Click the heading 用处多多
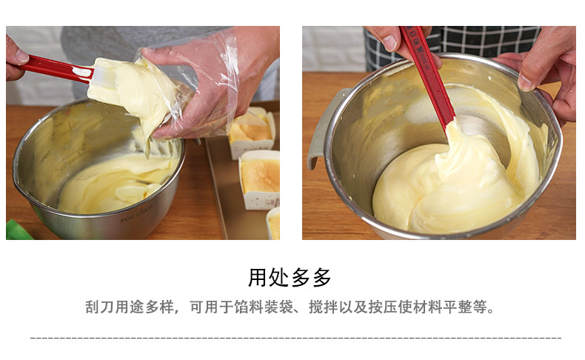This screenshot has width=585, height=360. pyautogui.click(x=290, y=277)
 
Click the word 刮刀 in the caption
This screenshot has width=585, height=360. pyautogui.click(x=100, y=307)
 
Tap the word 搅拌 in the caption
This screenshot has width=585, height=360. pyautogui.click(x=324, y=307)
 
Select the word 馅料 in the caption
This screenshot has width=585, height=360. pyautogui.click(x=249, y=307)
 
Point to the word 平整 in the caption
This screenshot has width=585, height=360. pyautogui.click(x=458, y=307)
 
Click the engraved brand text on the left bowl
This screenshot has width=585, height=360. pyautogui.click(x=136, y=213)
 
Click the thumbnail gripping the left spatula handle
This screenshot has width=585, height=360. pyautogui.click(x=21, y=57)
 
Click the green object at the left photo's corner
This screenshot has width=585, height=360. pyautogui.click(x=18, y=230)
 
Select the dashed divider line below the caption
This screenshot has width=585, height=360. pyautogui.click(x=295, y=339)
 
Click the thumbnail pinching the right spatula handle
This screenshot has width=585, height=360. pyautogui.click(x=390, y=43)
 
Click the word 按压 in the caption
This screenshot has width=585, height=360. pyautogui.click(x=383, y=307)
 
